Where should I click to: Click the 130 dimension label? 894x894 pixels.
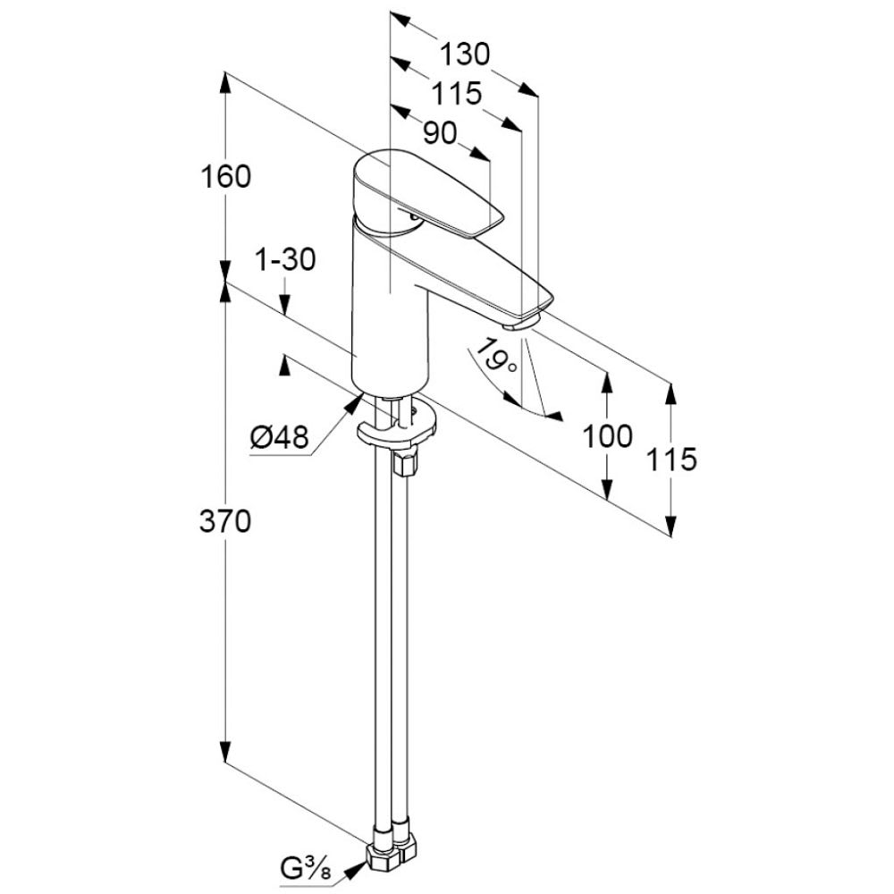click(x=465, y=55)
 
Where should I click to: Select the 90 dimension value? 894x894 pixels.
click(x=440, y=134)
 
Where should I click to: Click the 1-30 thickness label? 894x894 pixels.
click(x=285, y=260)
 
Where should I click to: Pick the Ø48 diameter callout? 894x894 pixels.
click(x=279, y=437)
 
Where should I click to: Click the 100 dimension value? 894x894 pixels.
click(x=607, y=436)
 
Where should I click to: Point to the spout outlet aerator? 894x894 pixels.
click(x=522, y=323)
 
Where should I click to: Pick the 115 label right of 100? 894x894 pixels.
click(x=671, y=460)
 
